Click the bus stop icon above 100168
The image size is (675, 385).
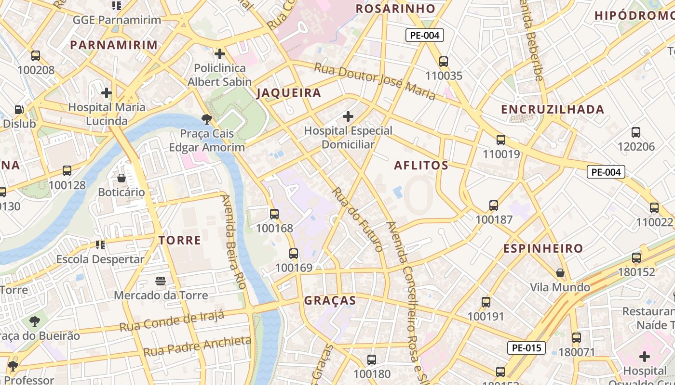pyautogui.click(x=274, y=214)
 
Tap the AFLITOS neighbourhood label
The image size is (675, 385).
pyautogui.click(x=421, y=166)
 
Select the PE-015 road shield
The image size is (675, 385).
pyautogui.click(x=526, y=348)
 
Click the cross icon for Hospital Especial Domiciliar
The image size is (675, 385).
pyautogui.click(x=348, y=116)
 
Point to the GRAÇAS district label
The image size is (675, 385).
pyautogui.click(x=330, y=301)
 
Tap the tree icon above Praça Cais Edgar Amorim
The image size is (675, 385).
pyautogui.click(x=207, y=119)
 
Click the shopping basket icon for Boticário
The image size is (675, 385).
pyautogui.click(x=121, y=178)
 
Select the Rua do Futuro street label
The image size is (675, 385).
pyautogui.click(x=357, y=219)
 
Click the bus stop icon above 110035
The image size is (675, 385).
pyautogui.click(x=444, y=62)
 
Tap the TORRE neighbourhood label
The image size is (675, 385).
pyautogui.click(x=180, y=240)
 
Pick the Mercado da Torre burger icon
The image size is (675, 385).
pyautogui.click(x=161, y=281)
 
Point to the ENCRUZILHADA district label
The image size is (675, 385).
pyautogui.click(x=553, y=109)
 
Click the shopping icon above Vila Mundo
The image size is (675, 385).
pyautogui.click(x=560, y=273)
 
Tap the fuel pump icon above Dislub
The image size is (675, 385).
pyautogui.click(x=19, y=110)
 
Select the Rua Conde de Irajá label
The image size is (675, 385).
pyautogui.click(x=172, y=321)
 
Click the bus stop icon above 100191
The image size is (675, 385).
pyautogui.click(x=486, y=302)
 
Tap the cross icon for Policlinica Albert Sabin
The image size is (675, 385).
pyautogui.click(x=220, y=54)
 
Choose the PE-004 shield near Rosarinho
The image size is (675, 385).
pyautogui.click(x=424, y=35)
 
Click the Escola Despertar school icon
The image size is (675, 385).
pyautogui.click(x=100, y=245)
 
